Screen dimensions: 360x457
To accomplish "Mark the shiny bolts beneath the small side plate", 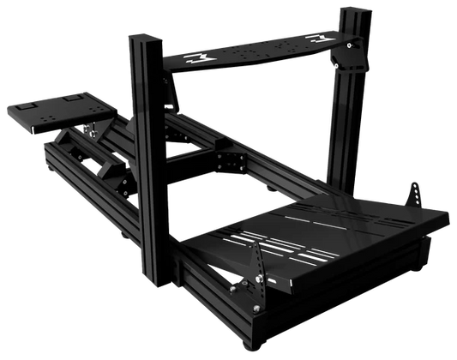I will pyautogui.click(x=88, y=132).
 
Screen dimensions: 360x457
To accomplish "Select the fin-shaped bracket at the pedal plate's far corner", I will pyautogui.click(x=415, y=192).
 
